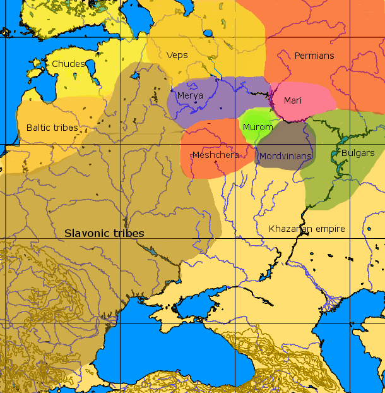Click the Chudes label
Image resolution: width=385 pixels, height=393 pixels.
(x=68, y=64)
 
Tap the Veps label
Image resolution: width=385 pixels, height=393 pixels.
(x=177, y=56)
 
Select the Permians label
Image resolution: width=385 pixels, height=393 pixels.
(x=314, y=56)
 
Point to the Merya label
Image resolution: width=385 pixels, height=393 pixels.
(x=190, y=95)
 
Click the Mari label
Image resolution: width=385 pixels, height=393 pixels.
(x=293, y=100)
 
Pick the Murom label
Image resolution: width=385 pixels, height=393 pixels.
(x=258, y=127)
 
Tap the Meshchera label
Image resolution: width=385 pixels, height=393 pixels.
(x=215, y=155)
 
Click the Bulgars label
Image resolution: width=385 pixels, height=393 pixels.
(x=358, y=153)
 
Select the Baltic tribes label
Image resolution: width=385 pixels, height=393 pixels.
(x=52, y=128)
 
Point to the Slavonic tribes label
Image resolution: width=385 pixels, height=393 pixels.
(x=104, y=233)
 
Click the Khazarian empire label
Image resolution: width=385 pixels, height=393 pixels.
(x=307, y=229)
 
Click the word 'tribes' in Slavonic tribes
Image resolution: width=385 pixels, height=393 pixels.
(x=129, y=233)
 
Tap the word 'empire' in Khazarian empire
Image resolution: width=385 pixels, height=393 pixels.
(x=330, y=229)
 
